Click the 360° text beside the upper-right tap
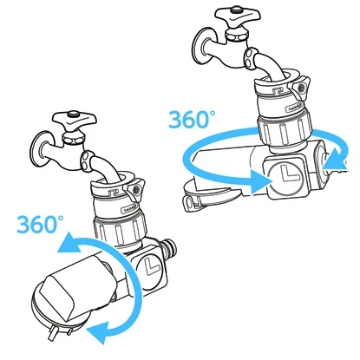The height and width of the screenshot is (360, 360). (192, 119)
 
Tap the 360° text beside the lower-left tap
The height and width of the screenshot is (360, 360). (40, 225)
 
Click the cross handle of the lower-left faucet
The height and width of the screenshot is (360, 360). (75, 120)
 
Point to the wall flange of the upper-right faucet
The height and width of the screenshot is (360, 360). (203, 46)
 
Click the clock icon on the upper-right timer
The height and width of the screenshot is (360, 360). (285, 177)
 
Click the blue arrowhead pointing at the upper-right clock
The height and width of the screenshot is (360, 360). (260, 181)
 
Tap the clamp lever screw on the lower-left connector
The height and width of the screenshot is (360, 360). (136, 190)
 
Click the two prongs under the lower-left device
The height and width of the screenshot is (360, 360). (60, 332)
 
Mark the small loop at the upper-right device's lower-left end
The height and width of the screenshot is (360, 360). (187, 202)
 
